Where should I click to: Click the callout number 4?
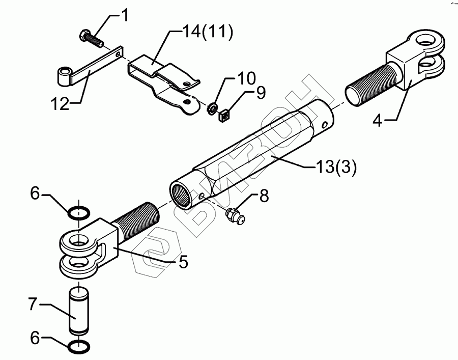[377, 122]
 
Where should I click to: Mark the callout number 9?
[261, 93]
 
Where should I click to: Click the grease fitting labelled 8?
[236, 216]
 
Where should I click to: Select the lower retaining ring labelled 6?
[78, 348]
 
